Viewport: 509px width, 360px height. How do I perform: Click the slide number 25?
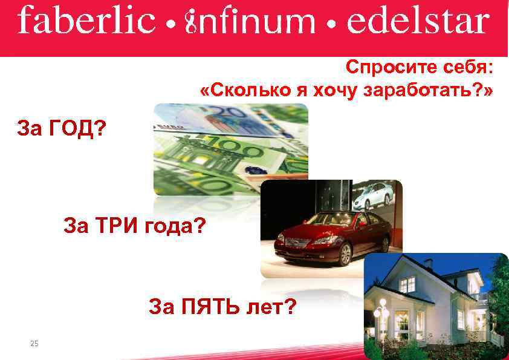click(34, 344)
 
